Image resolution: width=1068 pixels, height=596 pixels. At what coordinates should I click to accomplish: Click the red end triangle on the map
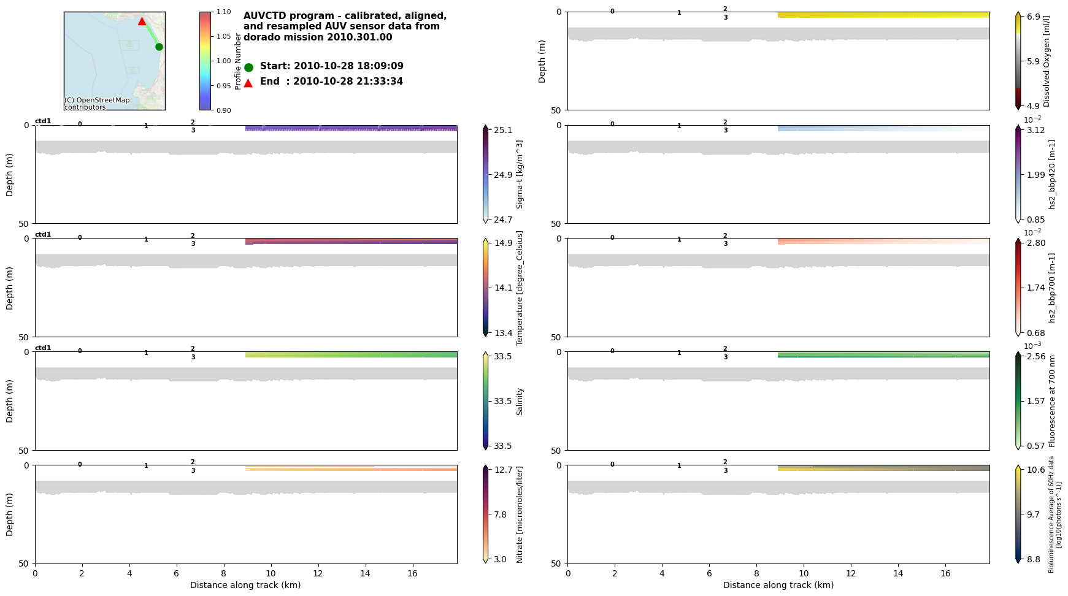pos(142,21)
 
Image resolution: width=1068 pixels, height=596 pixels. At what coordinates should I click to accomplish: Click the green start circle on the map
pos(159,47)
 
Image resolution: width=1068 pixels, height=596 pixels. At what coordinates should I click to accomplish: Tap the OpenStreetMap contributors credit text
pos(97,104)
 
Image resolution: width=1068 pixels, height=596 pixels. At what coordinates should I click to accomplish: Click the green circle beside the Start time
pos(248,67)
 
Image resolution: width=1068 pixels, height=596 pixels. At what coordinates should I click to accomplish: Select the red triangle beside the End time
pos(248,83)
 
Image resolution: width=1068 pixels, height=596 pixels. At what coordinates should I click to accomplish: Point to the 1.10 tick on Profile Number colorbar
pos(223,12)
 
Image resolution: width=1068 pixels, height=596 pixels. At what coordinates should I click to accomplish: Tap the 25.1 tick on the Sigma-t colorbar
pos(503,130)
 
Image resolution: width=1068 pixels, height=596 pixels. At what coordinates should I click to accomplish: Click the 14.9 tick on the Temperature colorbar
pos(503,243)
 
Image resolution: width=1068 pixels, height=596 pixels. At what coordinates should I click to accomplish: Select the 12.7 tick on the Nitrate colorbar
pos(503,470)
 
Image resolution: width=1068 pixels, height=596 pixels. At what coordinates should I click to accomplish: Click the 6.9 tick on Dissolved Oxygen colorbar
pos(1035,17)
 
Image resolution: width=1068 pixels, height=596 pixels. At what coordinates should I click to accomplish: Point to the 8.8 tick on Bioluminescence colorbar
pos(1035,559)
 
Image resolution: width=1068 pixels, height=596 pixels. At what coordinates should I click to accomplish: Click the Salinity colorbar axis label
pos(520,401)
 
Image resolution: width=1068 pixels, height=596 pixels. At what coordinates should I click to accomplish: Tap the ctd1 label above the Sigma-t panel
pos(43,121)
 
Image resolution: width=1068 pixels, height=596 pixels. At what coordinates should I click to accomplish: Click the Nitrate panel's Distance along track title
pos(245,585)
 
